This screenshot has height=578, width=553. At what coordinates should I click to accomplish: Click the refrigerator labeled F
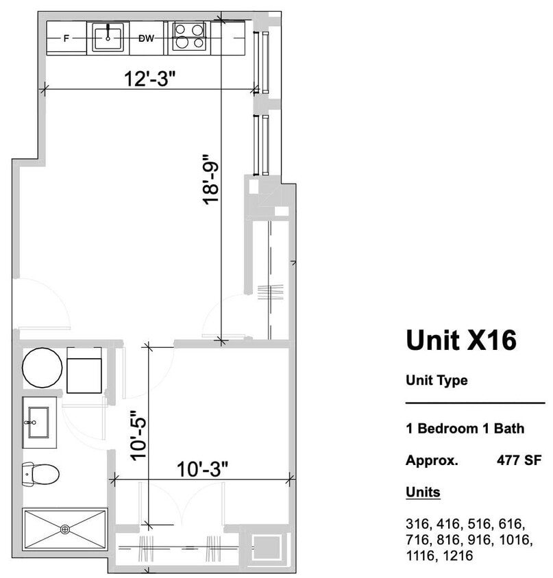coord(66,38)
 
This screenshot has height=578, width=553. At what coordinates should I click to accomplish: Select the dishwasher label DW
coord(146,38)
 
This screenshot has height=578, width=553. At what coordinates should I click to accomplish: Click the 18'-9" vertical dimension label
coord(210,179)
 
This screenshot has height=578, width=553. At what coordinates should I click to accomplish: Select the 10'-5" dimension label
coord(139,434)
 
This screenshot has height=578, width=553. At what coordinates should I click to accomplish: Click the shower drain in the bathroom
coord(65,529)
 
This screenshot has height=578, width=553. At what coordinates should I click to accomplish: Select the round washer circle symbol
coord(42,368)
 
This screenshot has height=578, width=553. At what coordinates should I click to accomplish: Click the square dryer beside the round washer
coord(84,370)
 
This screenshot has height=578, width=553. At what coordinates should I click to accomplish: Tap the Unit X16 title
coord(460,340)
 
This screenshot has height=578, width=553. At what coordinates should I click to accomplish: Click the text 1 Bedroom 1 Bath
coord(465,429)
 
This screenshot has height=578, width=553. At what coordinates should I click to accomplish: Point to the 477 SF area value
coord(519,460)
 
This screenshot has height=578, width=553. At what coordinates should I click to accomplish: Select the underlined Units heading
coord(423,492)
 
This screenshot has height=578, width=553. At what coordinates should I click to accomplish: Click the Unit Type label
coord(437,380)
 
